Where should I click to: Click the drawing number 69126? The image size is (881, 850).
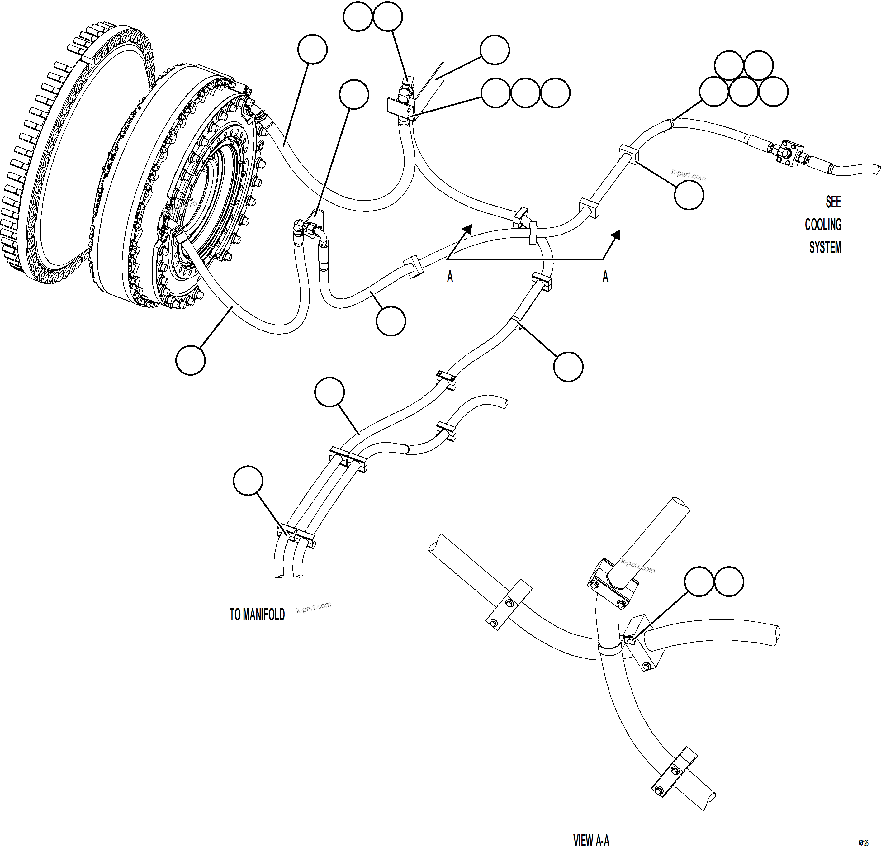[863, 843]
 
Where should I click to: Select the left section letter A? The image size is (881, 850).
[450, 276]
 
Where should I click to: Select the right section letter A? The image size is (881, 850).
[605, 276]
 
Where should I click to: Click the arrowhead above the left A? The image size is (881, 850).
[467, 229]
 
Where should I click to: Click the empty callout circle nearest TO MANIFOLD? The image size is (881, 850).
[248, 481]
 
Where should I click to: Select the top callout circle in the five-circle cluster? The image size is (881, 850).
[729, 65]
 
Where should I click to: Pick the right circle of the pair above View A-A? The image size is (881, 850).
[729, 582]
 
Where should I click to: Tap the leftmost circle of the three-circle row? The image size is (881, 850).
[496, 93]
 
